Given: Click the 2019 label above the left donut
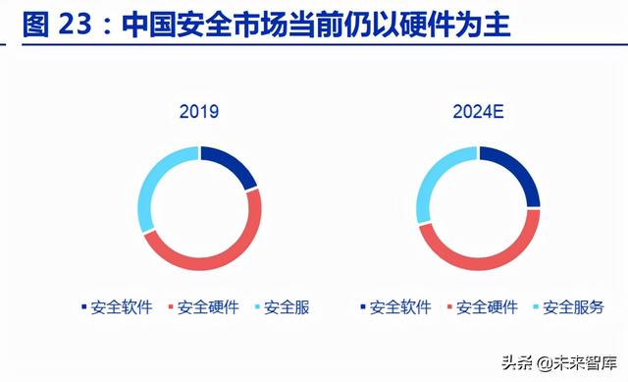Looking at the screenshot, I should (x=199, y=111).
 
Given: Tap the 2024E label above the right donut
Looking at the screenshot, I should (x=478, y=111).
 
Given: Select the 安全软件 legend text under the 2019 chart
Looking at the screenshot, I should (x=122, y=307).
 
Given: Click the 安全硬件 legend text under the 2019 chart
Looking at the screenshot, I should (x=207, y=307).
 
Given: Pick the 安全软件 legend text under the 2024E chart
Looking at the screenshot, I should (x=400, y=307).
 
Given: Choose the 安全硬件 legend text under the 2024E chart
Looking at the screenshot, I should (x=487, y=307).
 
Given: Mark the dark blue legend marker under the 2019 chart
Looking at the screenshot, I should (x=84, y=308).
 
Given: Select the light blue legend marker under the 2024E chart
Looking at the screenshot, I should (x=536, y=308).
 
